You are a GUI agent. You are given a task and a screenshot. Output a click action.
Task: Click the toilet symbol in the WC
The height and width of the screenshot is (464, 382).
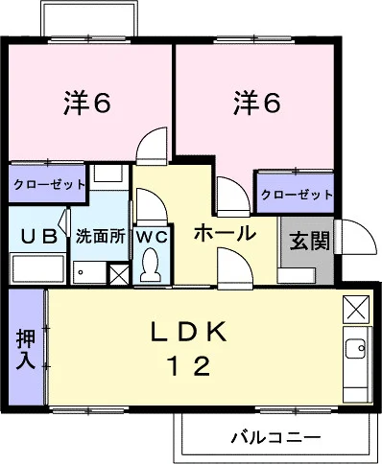pos(152,266)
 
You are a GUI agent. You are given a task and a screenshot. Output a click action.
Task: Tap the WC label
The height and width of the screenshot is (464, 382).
pos(152,237)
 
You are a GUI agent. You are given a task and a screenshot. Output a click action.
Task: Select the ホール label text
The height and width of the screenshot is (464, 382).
pos(225,233)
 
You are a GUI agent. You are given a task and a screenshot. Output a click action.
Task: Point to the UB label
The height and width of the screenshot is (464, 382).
pos(38,237)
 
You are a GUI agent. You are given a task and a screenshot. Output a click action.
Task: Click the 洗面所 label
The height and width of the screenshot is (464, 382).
pos(100,237)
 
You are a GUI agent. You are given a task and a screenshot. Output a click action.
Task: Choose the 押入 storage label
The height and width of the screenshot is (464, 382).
pos(26,350)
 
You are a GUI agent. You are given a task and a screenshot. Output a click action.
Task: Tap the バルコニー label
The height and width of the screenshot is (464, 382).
pos(275,436)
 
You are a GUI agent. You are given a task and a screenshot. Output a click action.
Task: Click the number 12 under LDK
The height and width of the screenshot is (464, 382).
pos(189,366)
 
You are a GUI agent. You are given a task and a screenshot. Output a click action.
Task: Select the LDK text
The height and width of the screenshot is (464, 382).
pos(188,332)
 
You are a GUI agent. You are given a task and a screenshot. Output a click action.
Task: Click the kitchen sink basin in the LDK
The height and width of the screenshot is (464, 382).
pos(355,348)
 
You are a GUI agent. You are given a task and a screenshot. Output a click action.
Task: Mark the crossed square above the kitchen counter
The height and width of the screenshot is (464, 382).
pos(356,310)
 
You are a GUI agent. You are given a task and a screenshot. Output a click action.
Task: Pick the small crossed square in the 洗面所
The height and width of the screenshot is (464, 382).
pos(119,274)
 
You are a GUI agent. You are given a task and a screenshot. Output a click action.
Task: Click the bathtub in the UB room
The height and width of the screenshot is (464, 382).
pos(38,268)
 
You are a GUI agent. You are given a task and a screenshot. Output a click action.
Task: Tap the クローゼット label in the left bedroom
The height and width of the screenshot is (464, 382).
pos(49,184)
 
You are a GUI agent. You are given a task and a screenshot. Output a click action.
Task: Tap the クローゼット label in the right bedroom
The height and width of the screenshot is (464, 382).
pos(297,195)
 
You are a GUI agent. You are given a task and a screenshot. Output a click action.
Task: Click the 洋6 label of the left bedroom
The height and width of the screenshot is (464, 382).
pos(87,103)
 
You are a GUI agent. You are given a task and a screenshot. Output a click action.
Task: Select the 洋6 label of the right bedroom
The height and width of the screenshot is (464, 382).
pos(256,103)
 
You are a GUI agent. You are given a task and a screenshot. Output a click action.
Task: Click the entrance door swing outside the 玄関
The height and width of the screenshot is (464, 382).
pos(356,237)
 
